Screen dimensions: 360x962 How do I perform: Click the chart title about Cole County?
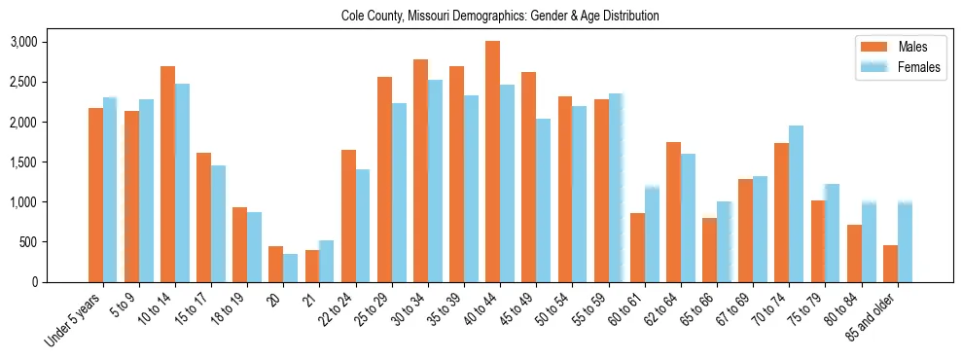[x=500, y=17]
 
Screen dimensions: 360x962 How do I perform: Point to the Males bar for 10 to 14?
[x=167, y=174]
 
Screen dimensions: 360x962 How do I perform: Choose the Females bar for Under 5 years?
[x=110, y=190]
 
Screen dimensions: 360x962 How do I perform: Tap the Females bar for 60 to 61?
[x=652, y=234]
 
